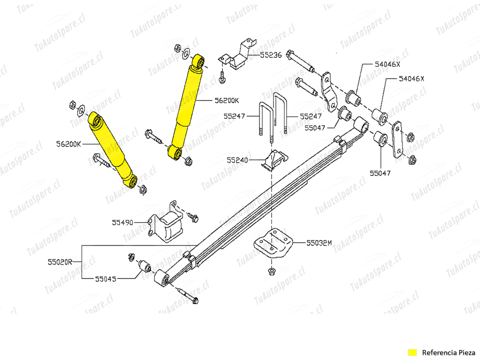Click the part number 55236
point(271,55)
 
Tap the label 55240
point(237,160)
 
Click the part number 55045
point(106,278)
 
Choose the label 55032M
point(319,243)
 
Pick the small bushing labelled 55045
point(145,266)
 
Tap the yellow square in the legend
point(412,352)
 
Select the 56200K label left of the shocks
point(69,144)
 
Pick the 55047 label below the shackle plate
point(380,173)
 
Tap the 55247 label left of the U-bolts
point(234,116)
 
